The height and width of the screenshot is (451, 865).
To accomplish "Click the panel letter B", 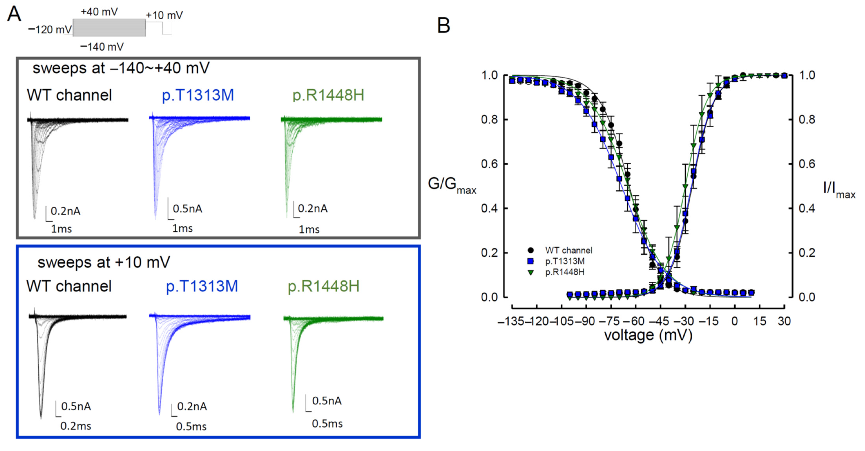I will coord(443,25).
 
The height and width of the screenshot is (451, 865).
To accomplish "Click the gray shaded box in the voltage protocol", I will coord(109,28).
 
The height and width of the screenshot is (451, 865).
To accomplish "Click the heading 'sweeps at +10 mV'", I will coord(104,262).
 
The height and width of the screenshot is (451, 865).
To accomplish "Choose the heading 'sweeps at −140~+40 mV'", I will coord(121,68).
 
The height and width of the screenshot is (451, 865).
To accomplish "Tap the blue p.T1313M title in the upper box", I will coord(197,95).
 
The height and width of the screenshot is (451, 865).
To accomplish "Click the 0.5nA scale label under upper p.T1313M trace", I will coord(187,209).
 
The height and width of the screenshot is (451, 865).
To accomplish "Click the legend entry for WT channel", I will coord(568,250).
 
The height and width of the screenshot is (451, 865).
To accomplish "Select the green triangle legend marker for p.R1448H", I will coord(531,272).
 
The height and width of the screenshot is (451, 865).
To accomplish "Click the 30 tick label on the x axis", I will coord(784,321).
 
